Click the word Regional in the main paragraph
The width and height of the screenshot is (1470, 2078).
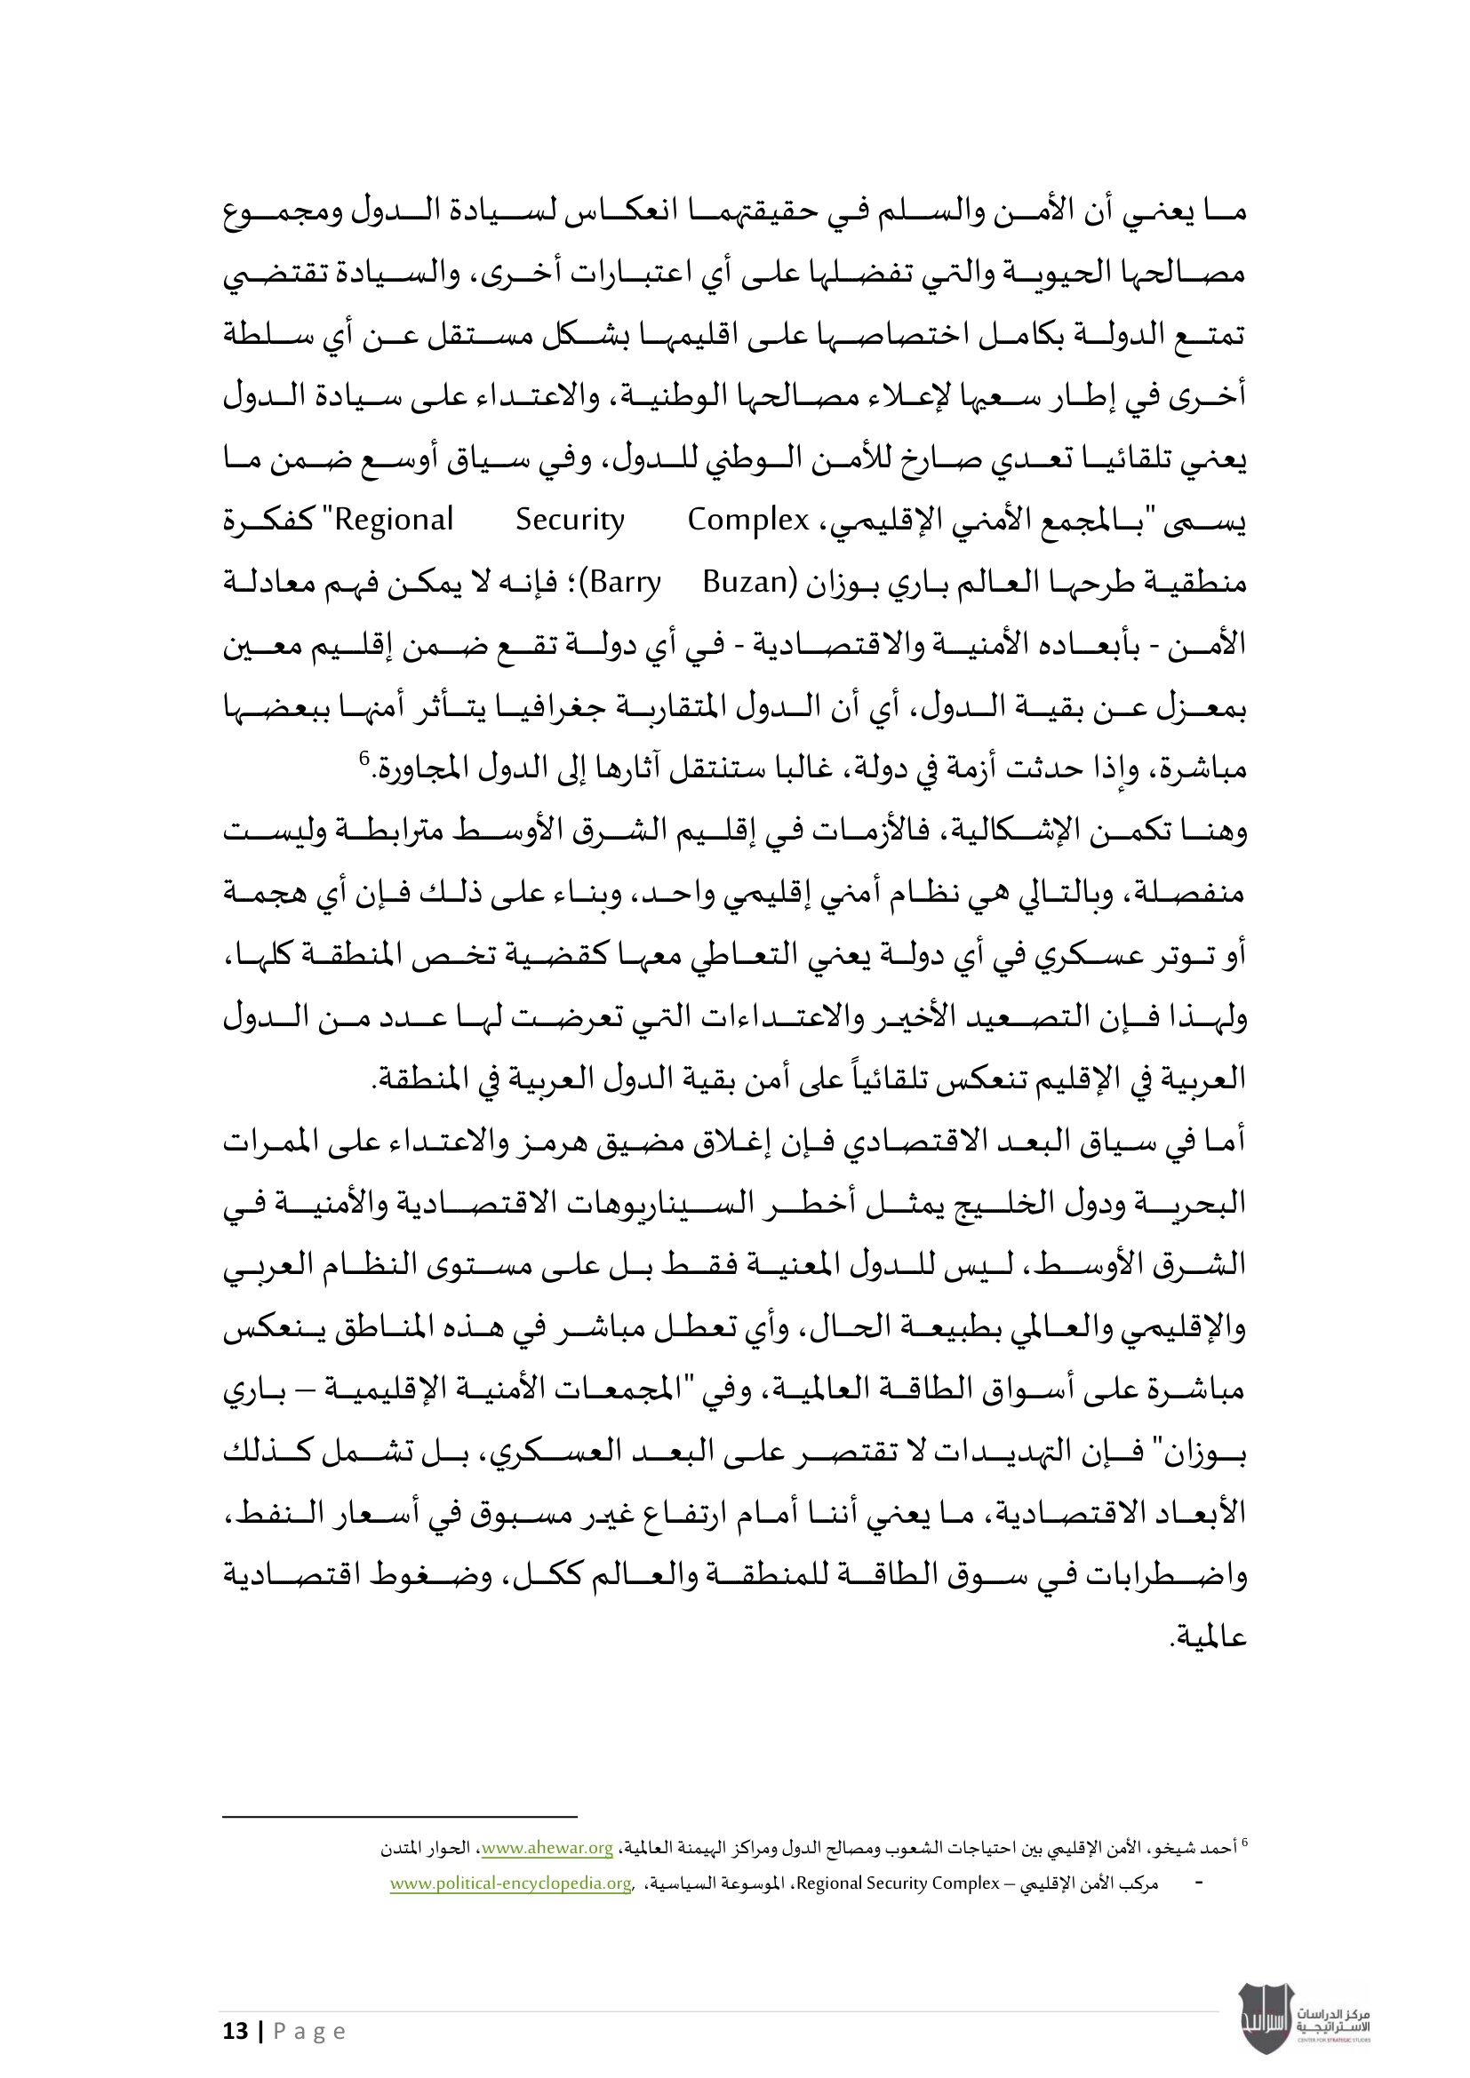tap(394, 521)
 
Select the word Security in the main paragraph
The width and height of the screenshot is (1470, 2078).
tap(570, 521)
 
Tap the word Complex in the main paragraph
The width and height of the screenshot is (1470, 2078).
tap(747, 521)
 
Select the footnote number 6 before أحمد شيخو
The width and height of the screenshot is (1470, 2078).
tap(1243, 1842)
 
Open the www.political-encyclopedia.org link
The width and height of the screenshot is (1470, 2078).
tap(510, 1883)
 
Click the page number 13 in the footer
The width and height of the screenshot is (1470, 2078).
tap(236, 2031)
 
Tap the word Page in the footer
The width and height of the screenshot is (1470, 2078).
tap(309, 2031)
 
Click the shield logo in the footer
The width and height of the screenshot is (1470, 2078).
tap(1266, 2018)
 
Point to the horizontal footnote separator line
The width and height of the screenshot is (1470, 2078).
tap(399, 1816)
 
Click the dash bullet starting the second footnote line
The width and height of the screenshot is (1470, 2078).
tap(1199, 1883)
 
